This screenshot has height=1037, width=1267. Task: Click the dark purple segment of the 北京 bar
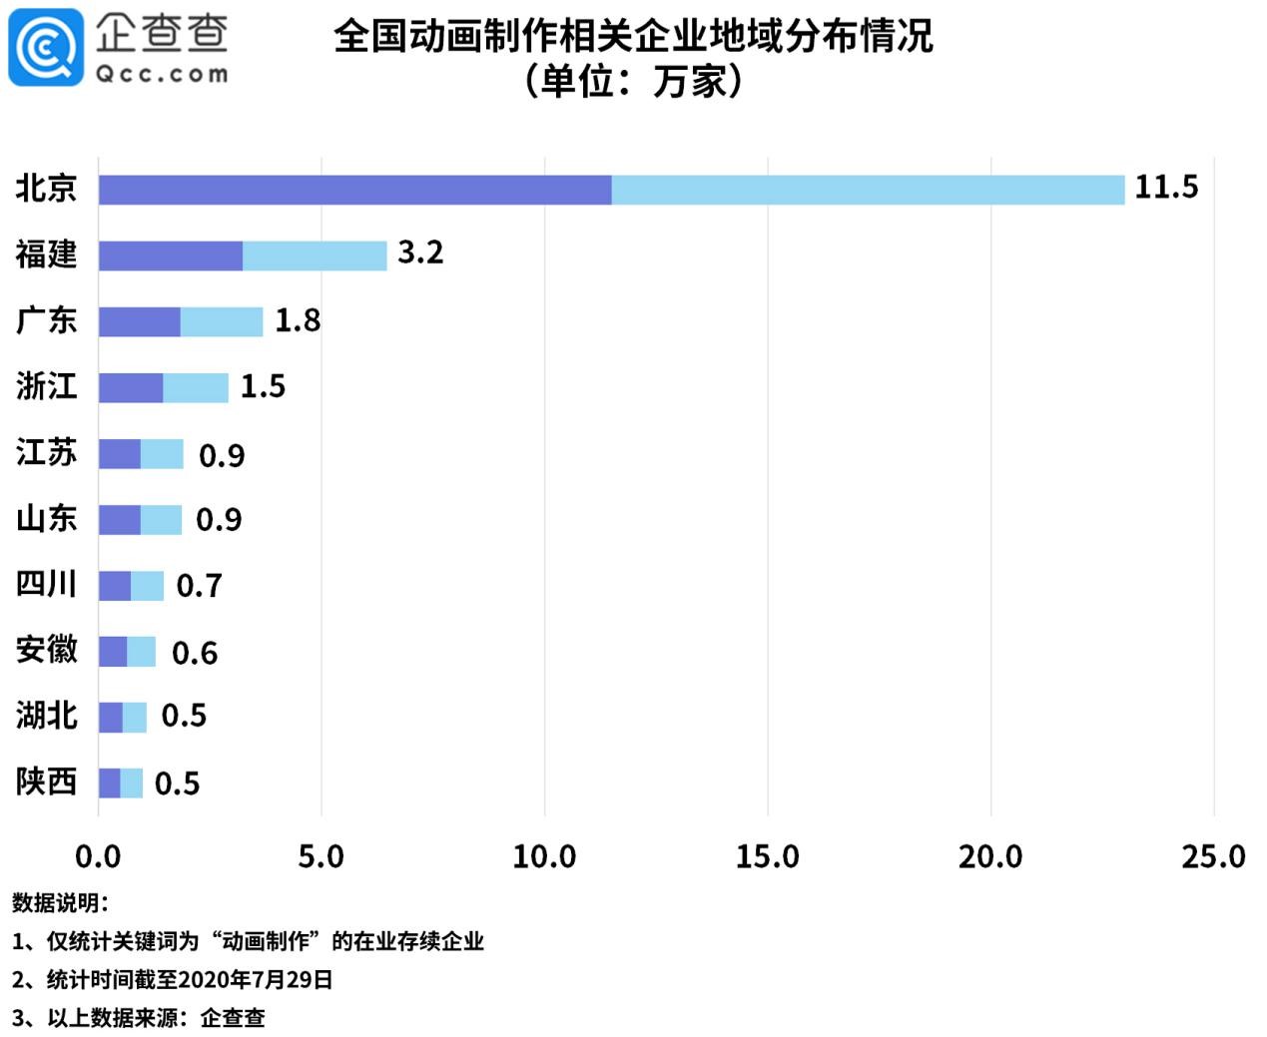pyautogui.click(x=354, y=190)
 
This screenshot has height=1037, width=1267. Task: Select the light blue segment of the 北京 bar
pyautogui.click(x=867, y=190)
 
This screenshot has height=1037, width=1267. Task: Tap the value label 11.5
pyautogui.click(x=1165, y=187)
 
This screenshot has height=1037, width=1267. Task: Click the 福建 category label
pyautogui.click(x=46, y=255)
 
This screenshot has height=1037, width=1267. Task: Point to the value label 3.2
pyautogui.click(x=419, y=253)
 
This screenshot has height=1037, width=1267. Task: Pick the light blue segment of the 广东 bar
pyautogui.click(x=221, y=321)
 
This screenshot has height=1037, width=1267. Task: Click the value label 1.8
pyautogui.click(x=298, y=320)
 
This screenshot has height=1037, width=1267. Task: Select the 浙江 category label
pyautogui.click(x=46, y=386)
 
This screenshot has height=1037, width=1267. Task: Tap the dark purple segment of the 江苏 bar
pyautogui.click(x=119, y=453)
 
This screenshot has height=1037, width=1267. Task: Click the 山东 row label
pyautogui.click(x=46, y=519)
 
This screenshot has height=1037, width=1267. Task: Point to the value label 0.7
pyautogui.click(x=199, y=586)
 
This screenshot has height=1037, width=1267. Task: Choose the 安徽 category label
pyautogui.click(x=46, y=650)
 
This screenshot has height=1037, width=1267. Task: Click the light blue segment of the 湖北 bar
pyautogui.click(x=134, y=717)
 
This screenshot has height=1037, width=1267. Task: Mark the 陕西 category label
pyautogui.click(x=46, y=781)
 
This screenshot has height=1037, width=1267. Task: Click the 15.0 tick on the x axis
pyautogui.click(x=767, y=856)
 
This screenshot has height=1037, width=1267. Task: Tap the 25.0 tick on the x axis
pyautogui.click(x=1212, y=856)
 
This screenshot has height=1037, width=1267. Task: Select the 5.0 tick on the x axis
pyautogui.click(x=320, y=856)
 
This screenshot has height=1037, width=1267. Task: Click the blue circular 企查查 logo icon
pyautogui.click(x=46, y=47)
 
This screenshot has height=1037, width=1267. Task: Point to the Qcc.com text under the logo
pyautogui.click(x=161, y=74)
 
